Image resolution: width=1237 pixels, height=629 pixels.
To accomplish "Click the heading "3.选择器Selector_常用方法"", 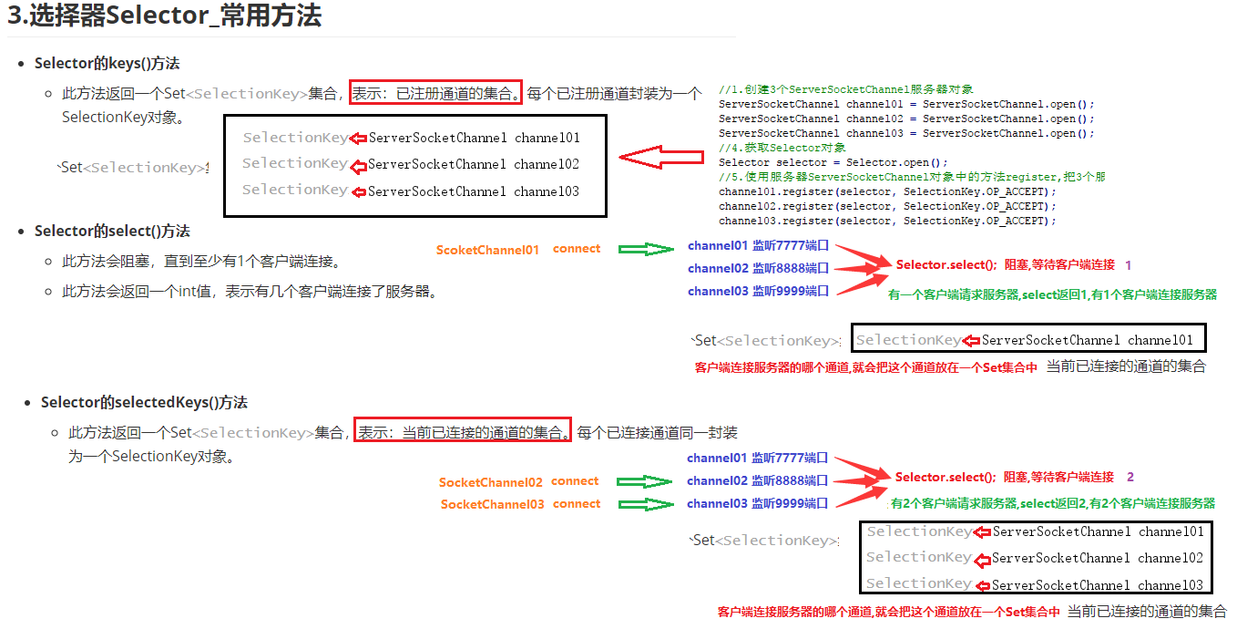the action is (x=164, y=16).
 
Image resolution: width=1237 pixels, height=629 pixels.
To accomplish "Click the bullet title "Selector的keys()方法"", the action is (x=107, y=64).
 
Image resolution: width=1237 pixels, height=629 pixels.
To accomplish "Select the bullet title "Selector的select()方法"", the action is (x=112, y=232).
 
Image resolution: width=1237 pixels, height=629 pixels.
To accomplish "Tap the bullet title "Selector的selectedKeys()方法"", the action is (x=144, y=403).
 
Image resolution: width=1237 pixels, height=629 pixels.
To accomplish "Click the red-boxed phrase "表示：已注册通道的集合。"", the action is (x=435, y=93).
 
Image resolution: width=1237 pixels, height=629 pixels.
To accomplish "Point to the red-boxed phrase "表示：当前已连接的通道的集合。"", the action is (x=462, y=432).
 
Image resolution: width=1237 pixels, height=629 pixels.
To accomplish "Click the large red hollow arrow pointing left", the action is (x=661, y=157).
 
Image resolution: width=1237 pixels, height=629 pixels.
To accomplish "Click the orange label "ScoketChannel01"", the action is (x=487, y=250).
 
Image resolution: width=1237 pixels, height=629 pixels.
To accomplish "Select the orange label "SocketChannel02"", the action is (x=490, y=482).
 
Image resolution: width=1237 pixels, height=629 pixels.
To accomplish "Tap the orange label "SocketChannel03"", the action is (x=492, y=504).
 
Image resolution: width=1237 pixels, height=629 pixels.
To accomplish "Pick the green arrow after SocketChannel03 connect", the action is (x=644, y=504).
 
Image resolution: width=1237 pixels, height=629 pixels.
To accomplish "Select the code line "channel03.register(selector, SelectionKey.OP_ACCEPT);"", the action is (x=887, y=221).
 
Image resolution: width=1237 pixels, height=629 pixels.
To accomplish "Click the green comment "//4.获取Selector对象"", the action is (x=782, y=148).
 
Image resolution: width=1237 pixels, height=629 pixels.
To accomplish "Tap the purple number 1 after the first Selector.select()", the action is (x=1128, y=264).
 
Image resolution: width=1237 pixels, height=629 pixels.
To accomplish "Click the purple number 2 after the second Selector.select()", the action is (x=1130, y=477).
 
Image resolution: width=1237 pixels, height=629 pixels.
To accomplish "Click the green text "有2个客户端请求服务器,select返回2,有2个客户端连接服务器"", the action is (x=1052, y=503).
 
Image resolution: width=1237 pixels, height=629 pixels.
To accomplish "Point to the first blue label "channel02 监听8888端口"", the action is (x=758, y=268).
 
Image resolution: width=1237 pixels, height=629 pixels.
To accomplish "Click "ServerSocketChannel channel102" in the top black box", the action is (x=474, y=165).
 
